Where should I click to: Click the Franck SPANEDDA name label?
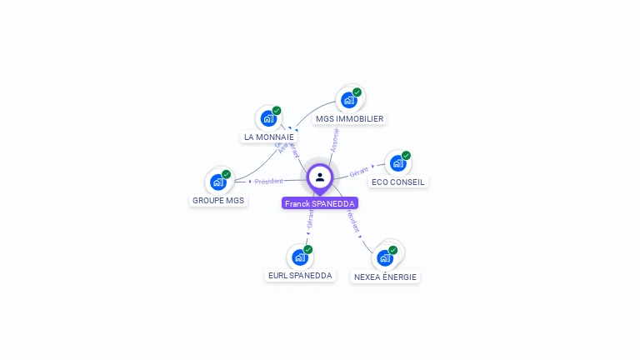point(320,203)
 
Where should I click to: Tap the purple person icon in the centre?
point(320,177)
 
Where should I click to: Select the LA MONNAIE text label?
point(269,137)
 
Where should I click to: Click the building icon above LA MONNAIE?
point(268,118)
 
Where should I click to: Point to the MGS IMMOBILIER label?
point(349,118)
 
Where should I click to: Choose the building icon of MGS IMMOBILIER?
point(349,100)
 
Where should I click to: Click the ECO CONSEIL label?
point(397,182)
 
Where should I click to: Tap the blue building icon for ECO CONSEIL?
point(398,163)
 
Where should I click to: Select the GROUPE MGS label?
point(218,200)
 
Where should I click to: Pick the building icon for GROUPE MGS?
point(218,182)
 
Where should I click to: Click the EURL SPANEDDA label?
point(300,275)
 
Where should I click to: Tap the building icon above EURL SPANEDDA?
point(300,257)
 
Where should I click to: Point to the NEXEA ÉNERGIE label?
point(385,277)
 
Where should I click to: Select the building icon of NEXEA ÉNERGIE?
point(385,257)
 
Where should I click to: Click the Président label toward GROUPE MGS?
point(269,181)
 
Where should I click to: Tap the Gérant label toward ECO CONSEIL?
point(359,171)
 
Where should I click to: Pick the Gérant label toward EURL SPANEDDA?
point(310,219)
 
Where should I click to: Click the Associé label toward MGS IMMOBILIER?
point(334,140)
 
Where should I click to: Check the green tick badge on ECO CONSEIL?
point(406,156)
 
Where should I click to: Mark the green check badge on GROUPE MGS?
point(226,174)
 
